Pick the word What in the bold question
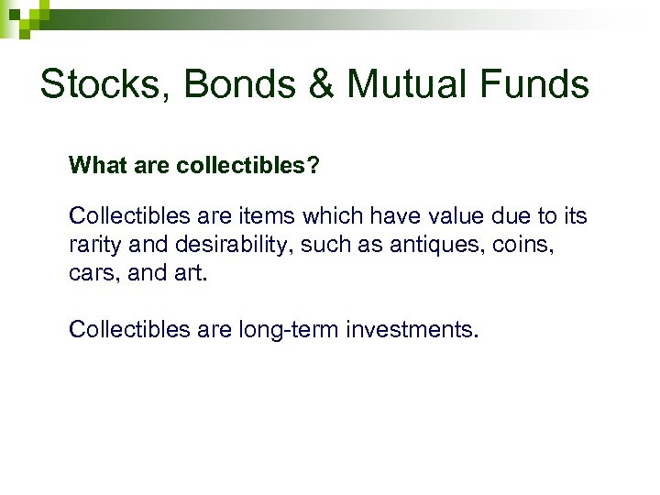[x=93, y=166]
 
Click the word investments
[x=412, y=329]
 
